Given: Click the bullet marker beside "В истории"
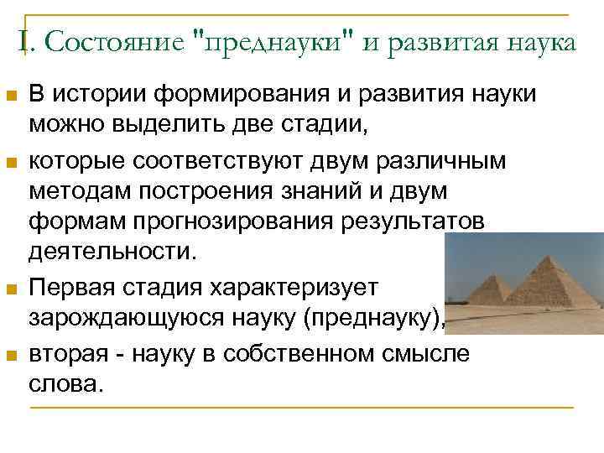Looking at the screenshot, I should point(10,96).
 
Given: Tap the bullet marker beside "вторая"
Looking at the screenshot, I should point(10,356).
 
